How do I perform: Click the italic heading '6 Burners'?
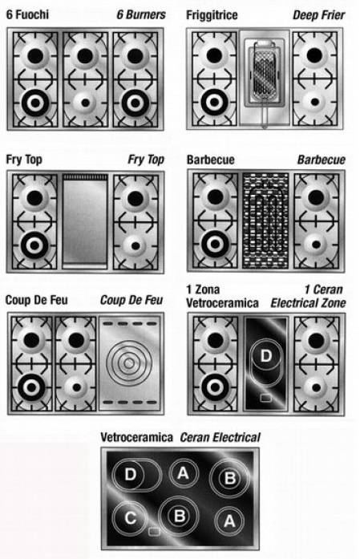click(x=141, y=14)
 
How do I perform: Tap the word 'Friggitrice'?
click(x=212, y=15)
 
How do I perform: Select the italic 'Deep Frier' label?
click(x=318, y=15)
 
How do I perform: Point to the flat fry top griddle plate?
click(x=85, y=221)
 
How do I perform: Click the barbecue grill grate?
click(x=265, y=221)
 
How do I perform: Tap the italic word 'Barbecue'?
click(x=322, y=160)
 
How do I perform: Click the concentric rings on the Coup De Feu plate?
click(x=128, y=363)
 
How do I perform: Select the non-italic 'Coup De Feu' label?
click(x=36, y=300)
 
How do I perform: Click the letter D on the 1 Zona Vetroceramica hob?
click(x=266, y=355)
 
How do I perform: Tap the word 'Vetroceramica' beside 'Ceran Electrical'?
click(x=136, y=437)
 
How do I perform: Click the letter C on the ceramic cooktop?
click(x=130, y=517)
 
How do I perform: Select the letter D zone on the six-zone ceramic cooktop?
click(x=137, y=475)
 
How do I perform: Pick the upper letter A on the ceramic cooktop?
click(x=183, y=473)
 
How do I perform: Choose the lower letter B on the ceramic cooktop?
click(x=180, y=516)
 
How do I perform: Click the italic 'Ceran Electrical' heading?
click(x=220, y=437)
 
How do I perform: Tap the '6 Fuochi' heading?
click(x=27, y=14)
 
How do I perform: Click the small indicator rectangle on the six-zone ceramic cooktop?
click(x=154, y=532)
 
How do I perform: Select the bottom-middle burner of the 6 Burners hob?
click(x=85, y=103)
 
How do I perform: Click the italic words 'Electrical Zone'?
click(x=309, y=303)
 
